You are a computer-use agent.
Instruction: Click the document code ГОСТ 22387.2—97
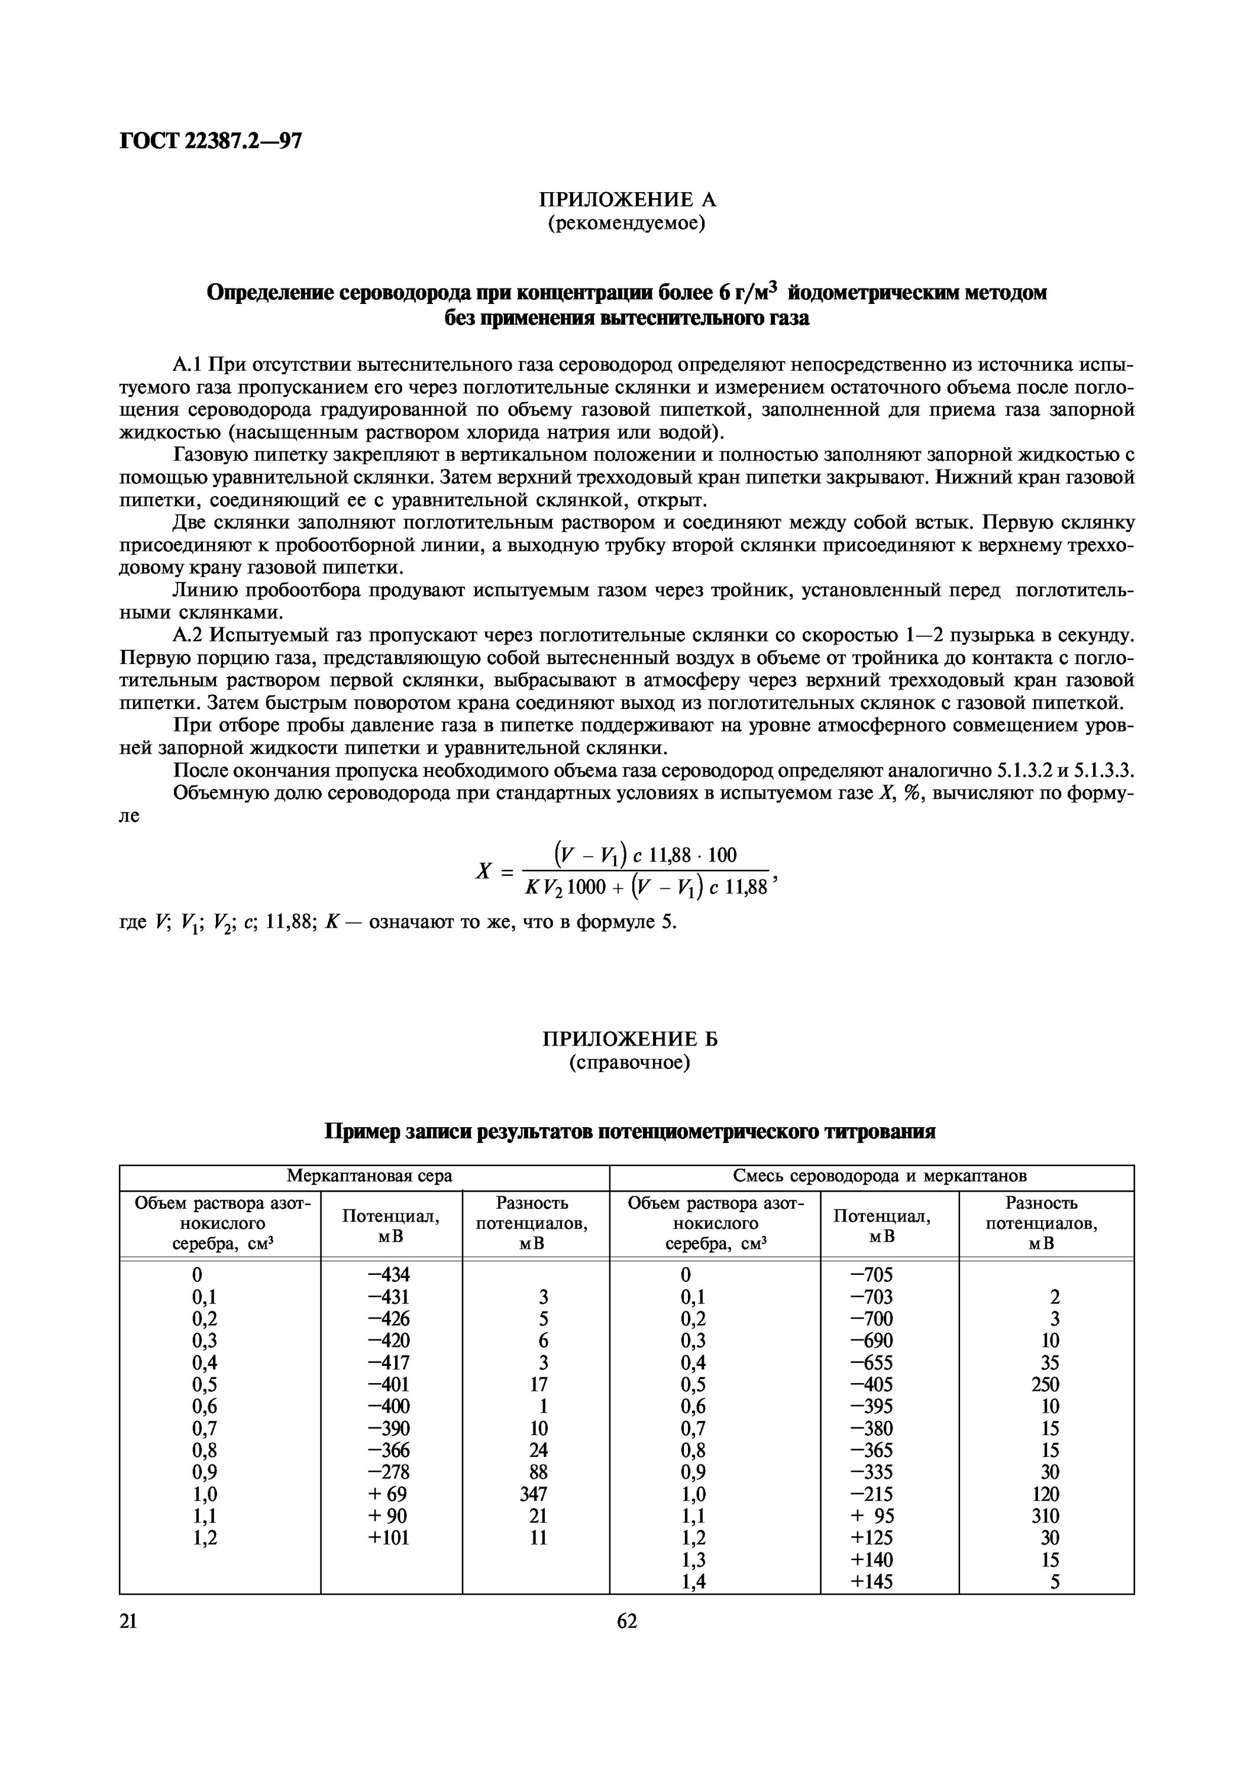click(211, 141)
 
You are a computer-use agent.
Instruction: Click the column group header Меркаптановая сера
click(369, 1176)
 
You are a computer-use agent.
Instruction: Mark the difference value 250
click(1045, 1384)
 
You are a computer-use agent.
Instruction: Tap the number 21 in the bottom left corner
click(128, 1621)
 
